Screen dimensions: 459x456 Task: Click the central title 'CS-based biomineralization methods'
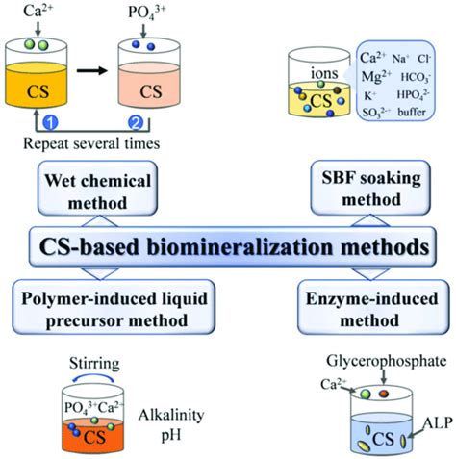[x=228, y=245]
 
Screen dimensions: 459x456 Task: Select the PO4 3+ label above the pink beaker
[x=146, y=13]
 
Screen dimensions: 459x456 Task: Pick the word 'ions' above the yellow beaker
[x=322, y=72]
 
